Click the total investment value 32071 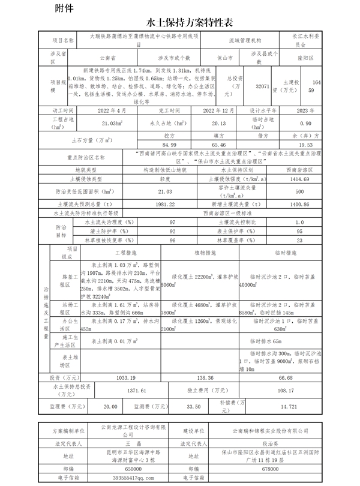tap(262, 86)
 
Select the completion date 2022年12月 tap(221, 111)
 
